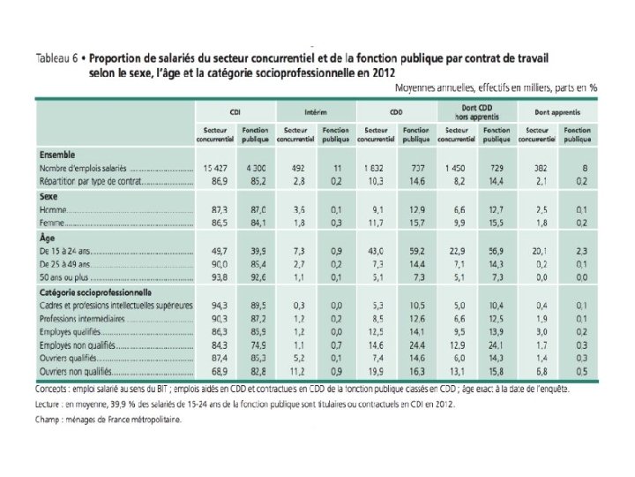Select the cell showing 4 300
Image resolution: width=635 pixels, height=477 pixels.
click(x=256, y=169)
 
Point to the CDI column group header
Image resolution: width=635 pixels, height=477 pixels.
click(x=235, y=112)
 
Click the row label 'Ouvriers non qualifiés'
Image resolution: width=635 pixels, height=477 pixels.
click(x=78, y=372)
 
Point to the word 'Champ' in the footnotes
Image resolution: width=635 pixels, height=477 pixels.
click(x=49, y=421)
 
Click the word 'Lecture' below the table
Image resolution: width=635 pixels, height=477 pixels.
click(x=52, y=405)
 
